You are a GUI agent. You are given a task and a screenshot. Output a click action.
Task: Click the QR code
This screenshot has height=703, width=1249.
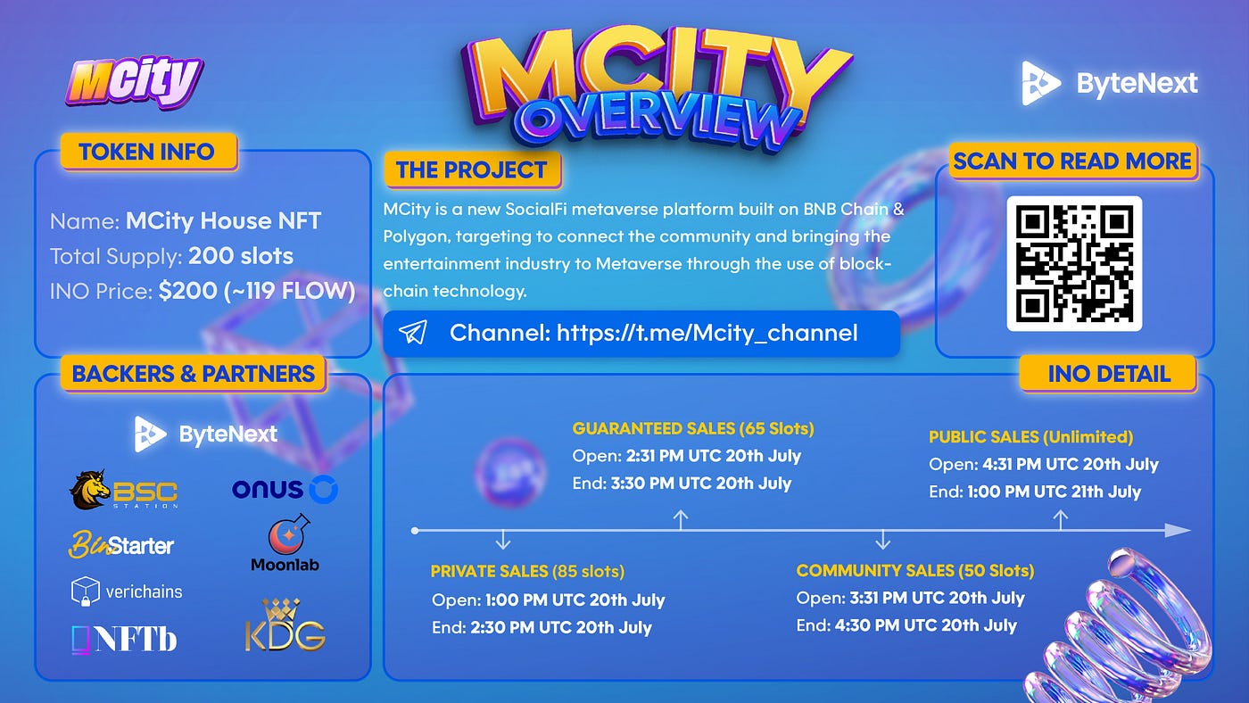point(1074,263)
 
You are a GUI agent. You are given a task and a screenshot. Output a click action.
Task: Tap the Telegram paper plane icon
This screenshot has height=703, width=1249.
point(412,332)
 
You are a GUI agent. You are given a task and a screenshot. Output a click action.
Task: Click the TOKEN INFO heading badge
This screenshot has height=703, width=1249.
point(148,152)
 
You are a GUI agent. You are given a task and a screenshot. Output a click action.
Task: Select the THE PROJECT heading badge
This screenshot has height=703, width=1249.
point(472,170)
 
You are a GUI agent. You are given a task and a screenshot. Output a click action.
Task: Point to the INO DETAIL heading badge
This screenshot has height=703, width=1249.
point(1108,374)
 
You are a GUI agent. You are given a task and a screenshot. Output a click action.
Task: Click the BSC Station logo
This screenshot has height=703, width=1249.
point(124,490)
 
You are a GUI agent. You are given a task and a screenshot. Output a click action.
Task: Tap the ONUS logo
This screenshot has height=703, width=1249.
point(285,489)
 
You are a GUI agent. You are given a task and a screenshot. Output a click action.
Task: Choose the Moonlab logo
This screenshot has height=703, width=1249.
point(285,543)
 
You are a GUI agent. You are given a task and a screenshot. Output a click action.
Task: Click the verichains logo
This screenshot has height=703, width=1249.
point(127,591)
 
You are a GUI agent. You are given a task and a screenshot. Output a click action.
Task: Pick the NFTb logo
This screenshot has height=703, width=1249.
point(124,639)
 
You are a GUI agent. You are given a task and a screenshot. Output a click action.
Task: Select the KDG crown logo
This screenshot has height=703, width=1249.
point(285,625)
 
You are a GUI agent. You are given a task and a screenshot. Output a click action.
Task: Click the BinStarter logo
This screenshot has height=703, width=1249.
point(121,545)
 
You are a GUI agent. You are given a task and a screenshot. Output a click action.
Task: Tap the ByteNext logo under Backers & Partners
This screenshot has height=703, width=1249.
point(206,434)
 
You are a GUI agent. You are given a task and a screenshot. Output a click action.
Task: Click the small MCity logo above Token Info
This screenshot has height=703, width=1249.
point(135,81)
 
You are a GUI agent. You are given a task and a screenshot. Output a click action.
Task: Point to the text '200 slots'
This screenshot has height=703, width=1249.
point(240,256)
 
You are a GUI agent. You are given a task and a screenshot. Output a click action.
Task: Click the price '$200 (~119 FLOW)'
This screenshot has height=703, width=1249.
point(257,291)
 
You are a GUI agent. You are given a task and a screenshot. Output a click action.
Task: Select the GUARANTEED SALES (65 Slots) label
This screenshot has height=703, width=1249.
point(693,428)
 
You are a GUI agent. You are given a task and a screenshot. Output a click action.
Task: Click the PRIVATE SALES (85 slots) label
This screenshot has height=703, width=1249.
point(527,572)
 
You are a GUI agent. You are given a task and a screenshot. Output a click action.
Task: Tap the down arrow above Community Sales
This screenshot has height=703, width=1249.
point(882,539)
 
